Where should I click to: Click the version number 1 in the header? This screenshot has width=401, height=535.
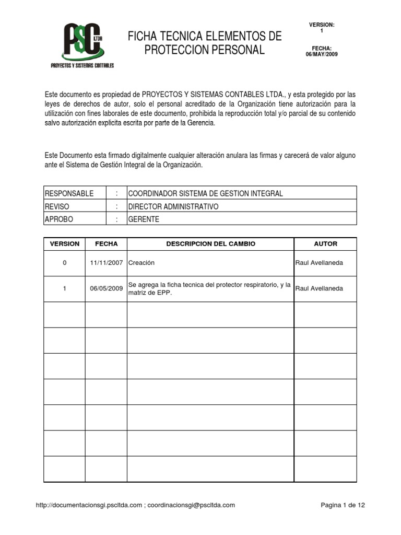click(x=322, y=31)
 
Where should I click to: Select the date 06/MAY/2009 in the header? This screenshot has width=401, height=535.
click(x=322, y=54)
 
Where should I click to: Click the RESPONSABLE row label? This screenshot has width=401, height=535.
click(x=69, y=193)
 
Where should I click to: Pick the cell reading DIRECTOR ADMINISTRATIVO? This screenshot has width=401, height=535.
click(x=173, y=206)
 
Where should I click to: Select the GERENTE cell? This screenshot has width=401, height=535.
click(x=144, y=219)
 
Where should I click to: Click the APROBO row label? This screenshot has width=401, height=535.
click(x=59, y=219)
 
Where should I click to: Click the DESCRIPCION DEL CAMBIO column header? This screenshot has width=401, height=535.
click(x=210, y=244)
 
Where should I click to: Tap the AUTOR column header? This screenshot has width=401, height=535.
click(x=325, y=244)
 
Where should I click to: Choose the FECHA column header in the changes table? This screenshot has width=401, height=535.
click(x=106, y=244)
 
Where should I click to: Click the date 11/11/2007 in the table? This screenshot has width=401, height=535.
click(x=106, y=263)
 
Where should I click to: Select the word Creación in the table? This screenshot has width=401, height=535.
click(x=141, y=263)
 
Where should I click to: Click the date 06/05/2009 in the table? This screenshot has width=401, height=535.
click(x=106, y=288)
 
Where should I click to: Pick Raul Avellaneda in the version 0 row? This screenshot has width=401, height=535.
click(x=319, y=263)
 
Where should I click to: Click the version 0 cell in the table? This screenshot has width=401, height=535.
click(x=65, y=263)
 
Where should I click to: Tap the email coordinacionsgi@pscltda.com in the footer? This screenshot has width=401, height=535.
click(x=191, y=505)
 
